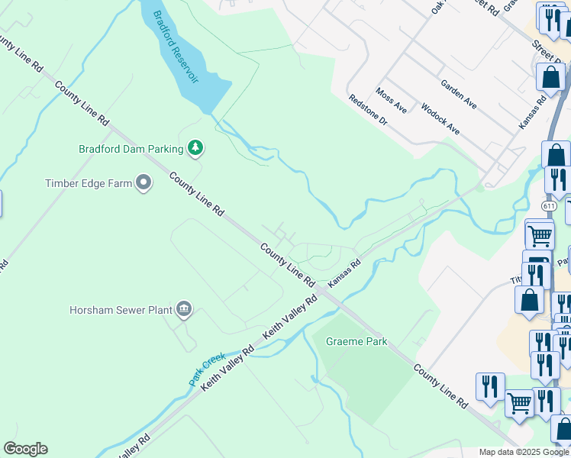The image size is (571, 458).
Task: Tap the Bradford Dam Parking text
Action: click(131, 149)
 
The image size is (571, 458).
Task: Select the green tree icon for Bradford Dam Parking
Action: click(196, 148)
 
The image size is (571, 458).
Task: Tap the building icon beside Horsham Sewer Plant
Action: click(184, 309)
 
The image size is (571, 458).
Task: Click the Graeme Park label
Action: click(356, 341)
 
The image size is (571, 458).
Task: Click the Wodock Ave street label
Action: click(440, 119)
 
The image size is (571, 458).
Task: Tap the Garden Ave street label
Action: click(459, 94)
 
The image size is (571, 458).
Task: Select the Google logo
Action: click(25, 448)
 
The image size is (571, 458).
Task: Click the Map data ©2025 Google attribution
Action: click(524, 452)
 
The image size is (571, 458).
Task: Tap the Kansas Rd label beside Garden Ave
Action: click(533, 111)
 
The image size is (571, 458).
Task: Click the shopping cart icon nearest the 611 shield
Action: click(540, 235)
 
